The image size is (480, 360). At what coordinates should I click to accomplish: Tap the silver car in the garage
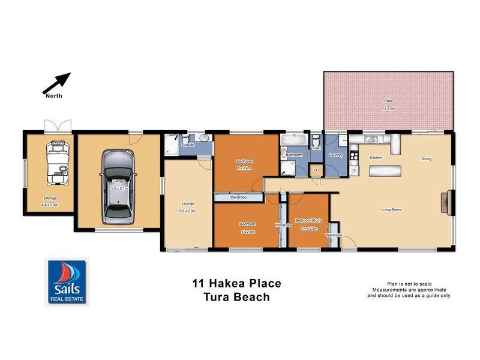(117, 185)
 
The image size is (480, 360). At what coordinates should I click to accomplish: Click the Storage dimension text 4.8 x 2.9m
(49, 205)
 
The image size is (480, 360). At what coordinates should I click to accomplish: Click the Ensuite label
(188, 145)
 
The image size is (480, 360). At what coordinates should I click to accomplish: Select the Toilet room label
(316, 147)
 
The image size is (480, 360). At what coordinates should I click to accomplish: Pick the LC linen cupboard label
(316, 170)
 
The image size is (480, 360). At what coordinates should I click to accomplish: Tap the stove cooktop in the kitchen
(396, 143)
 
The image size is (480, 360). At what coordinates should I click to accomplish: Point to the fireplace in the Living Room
(446, 200)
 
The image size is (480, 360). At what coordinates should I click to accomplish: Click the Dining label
(426, 159)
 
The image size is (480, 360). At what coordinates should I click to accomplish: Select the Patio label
(388, 100)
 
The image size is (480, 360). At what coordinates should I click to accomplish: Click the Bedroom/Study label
(308, 220)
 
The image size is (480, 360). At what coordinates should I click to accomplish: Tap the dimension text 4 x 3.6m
(243, 168)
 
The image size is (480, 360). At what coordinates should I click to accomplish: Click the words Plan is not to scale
(409, 284)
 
